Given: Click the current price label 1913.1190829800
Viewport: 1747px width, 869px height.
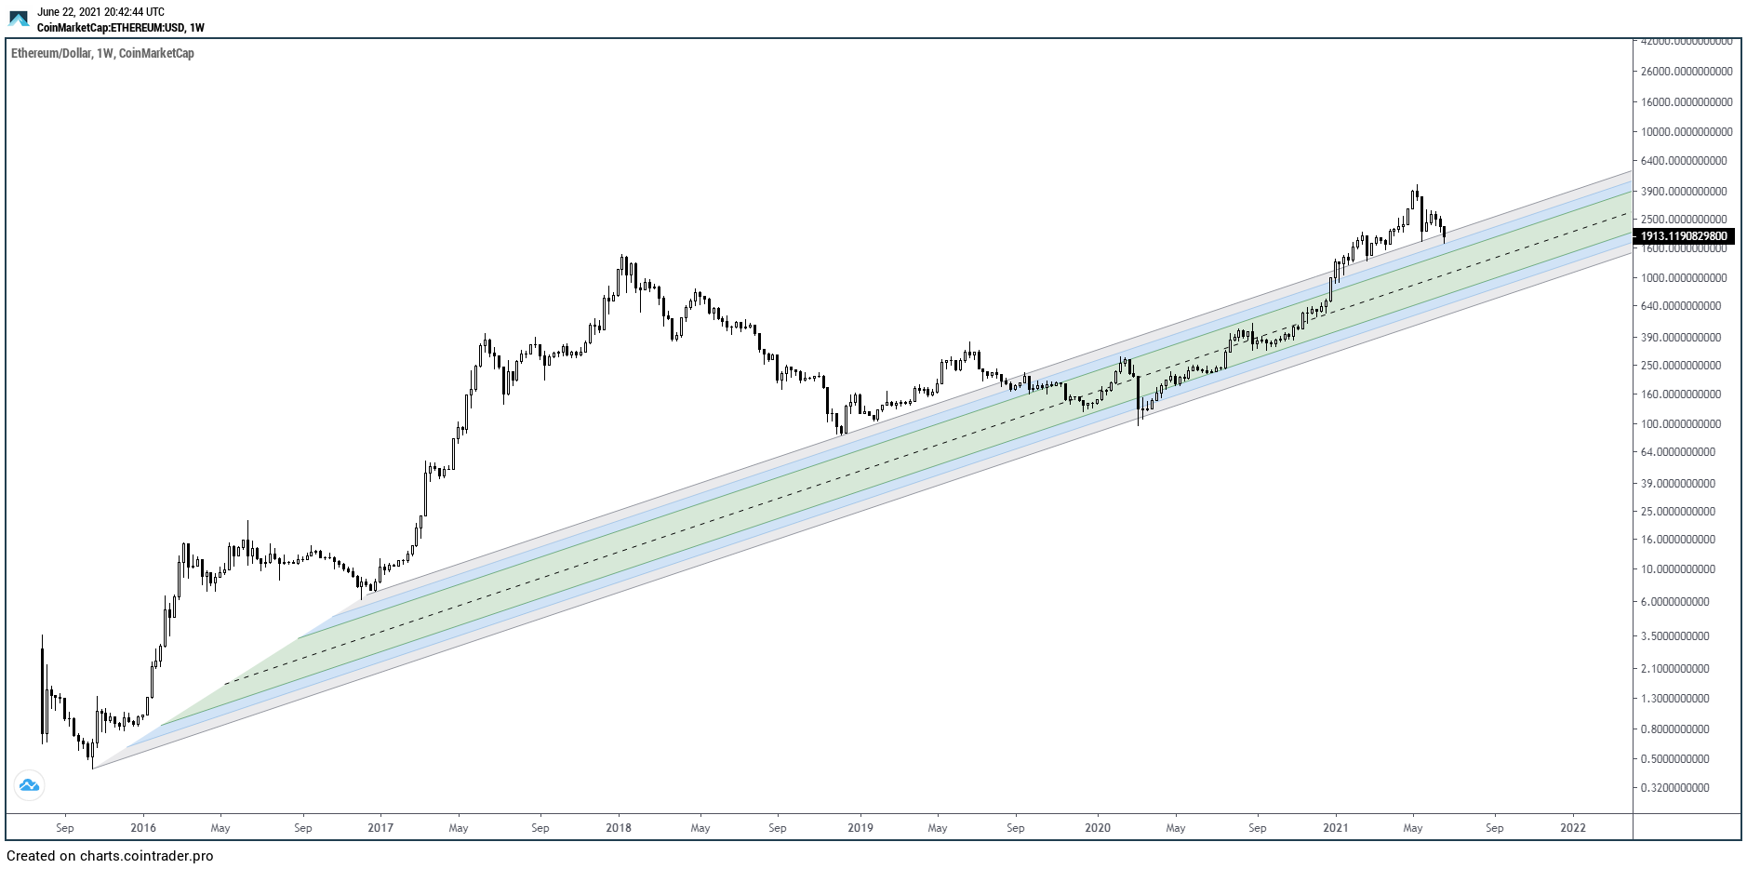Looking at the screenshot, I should (x=1684, y=236).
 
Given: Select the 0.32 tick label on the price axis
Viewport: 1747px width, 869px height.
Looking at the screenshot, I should (x=1674, y=788).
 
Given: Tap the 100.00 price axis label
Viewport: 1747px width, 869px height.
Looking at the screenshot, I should (x=1677, y=424).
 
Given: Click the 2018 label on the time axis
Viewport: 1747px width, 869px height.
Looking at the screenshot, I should (x=619, y=828).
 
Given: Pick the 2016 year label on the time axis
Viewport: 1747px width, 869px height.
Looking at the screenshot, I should (x=143, y=828).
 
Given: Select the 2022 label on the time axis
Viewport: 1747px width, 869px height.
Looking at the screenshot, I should (x=1573, y=828).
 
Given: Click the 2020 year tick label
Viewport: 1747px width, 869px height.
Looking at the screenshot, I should (x=1098, y=828).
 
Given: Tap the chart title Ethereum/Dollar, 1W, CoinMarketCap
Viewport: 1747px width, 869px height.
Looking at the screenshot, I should (x=102, y=54).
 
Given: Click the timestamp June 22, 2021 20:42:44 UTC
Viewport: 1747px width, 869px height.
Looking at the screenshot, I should (x=100, y=12).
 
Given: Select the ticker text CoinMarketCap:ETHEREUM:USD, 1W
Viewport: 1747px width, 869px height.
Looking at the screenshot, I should (x=120, y=28).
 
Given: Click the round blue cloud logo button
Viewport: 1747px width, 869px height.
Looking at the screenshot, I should (x=29, y=786).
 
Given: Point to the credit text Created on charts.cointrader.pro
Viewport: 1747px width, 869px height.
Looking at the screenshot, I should (x=110, y=856).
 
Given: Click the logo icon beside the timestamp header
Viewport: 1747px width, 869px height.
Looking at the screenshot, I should (x=19, y=19).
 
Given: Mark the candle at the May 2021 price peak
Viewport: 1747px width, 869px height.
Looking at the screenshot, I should (x=1415, y=194).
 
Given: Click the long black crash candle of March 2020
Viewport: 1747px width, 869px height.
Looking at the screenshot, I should (x=1139, y=395).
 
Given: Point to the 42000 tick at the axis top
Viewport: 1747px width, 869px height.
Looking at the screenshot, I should (x=1687, y=42).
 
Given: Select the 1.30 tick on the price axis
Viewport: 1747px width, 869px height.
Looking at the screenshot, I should (x=1674, y=699).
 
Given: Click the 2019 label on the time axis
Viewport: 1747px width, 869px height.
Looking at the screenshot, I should (x=860, y=828).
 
